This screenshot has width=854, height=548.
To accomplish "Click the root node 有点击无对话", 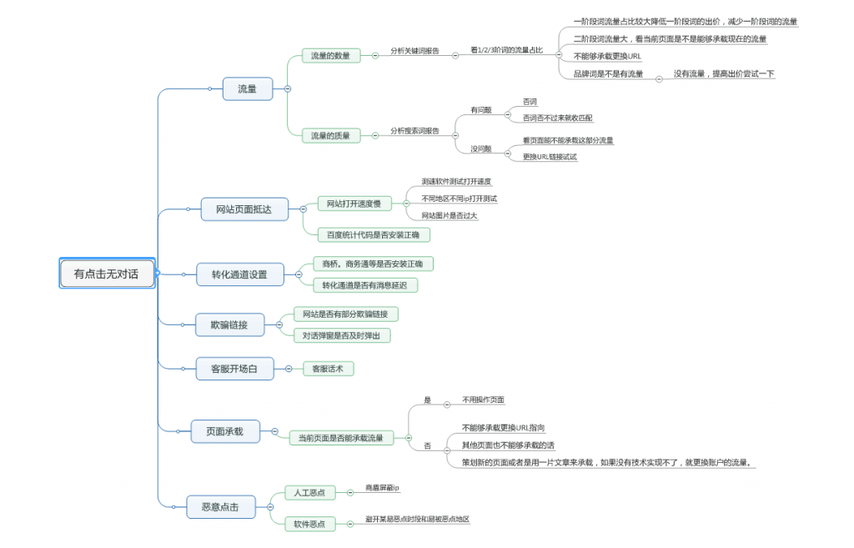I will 107,274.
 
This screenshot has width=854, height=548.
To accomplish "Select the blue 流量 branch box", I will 248,88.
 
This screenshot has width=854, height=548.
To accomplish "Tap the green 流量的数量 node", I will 331,56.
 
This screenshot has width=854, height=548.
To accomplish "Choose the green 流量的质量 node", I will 331,135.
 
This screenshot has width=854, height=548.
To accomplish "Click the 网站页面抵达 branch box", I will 244,209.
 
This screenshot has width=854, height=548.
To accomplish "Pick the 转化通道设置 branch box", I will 239,274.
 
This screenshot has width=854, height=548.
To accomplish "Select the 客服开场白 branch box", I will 234,368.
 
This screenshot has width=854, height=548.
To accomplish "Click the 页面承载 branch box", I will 225,431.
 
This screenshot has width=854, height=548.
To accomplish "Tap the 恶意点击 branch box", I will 220,506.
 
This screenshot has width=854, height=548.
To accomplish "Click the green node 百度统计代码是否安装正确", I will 373,234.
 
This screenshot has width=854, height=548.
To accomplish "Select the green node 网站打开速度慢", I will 354,204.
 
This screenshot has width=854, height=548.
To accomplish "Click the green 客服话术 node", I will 328,368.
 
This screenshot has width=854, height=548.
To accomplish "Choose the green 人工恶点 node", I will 309,492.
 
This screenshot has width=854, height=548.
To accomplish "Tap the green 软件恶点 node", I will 309,524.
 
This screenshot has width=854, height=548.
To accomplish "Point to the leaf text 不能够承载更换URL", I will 607,56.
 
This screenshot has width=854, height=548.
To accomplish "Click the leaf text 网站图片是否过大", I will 449,216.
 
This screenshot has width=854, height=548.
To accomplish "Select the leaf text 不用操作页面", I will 483,400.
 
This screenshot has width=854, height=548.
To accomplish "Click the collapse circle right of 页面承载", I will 274,431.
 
